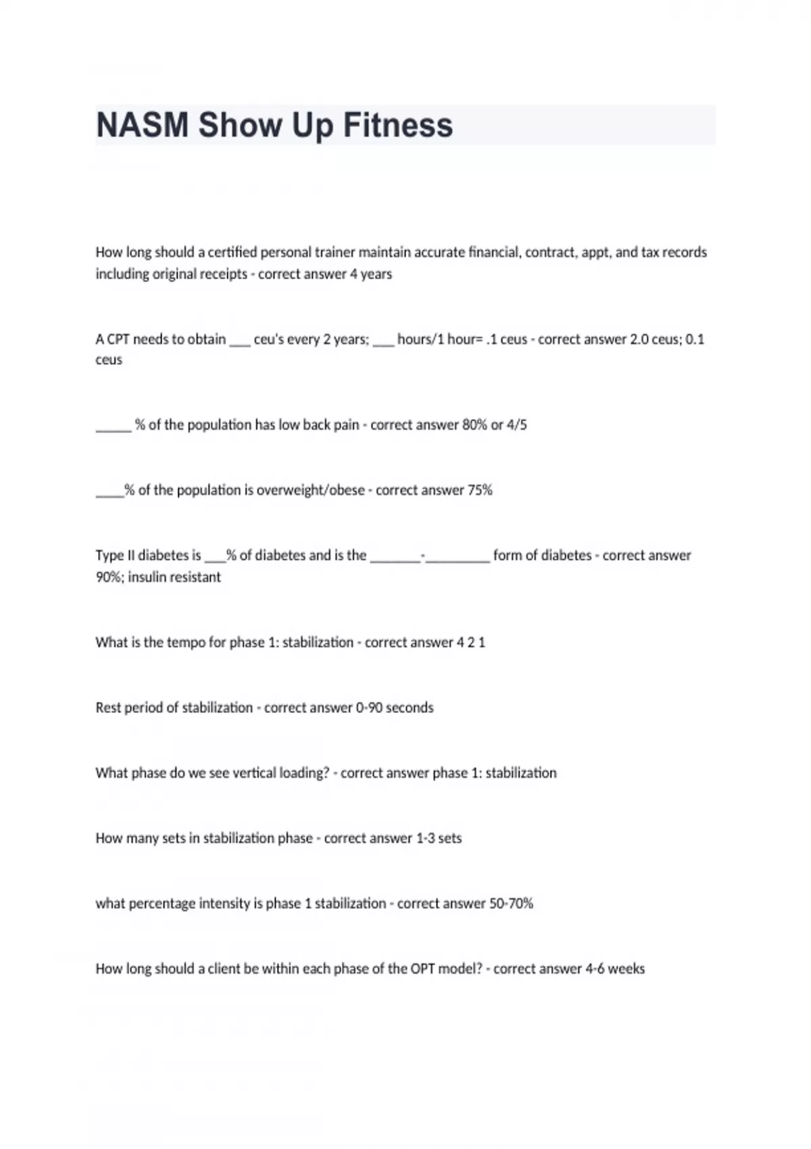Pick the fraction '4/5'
pos(517,425)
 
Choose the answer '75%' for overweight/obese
pos(480,490)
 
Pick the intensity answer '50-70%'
pos(511,903)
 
